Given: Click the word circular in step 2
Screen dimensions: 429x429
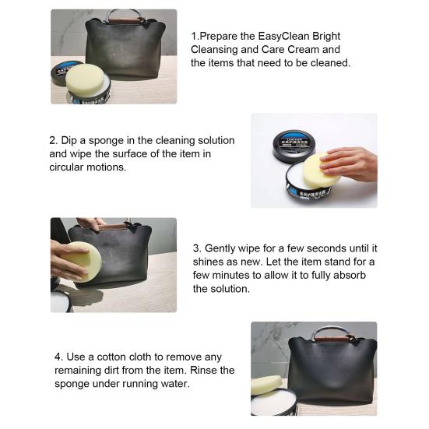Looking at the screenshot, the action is [66, 167].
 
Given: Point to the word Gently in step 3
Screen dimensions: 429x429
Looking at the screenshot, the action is [220, 248].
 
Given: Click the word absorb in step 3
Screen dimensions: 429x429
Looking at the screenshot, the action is [350, 275].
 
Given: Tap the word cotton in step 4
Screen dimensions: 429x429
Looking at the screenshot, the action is [111, 357].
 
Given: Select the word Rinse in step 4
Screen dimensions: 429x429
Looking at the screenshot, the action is [203, 370].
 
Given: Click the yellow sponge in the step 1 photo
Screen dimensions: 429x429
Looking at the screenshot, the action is [85, 79].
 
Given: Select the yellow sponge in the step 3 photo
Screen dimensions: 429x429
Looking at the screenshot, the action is [83, 262].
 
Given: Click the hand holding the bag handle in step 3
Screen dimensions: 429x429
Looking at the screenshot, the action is [90, 223].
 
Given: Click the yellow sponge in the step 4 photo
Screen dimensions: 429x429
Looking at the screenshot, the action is [266, 385].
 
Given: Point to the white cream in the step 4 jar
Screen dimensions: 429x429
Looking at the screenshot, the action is [273, 403].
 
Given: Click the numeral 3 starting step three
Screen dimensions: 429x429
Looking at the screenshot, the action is [196, 248].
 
